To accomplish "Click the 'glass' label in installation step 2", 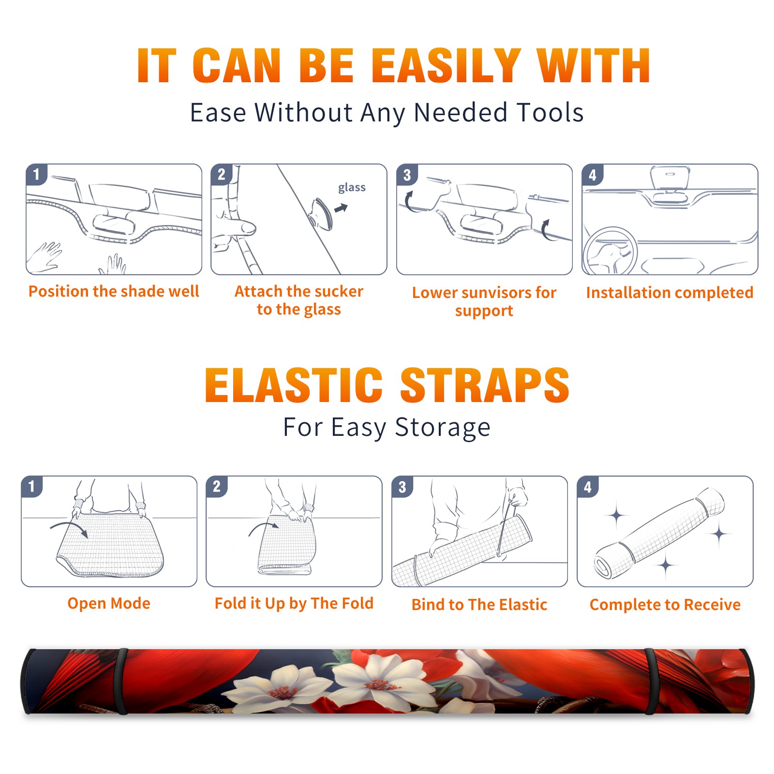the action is pyautogui.click(x=352, y=188).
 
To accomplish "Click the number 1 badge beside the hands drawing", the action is pyautogui.click(x=36, y=174).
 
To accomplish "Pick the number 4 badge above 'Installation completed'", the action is pyautogui.click(x=593, y=174).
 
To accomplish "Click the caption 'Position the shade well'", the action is pyautogui.click(x=114, y=291).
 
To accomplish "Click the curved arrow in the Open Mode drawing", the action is pyautogui.click(x=70, y=528).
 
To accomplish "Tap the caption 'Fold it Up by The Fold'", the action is pyautogui.click(x=294, y=603).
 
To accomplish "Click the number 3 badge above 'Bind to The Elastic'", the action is pyautogui.click(x=402, y=486).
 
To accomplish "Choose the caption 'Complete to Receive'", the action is pyautogui.click(x=665, y=605).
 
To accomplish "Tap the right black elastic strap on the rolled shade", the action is pyautogui.click(x=651, y=681).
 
